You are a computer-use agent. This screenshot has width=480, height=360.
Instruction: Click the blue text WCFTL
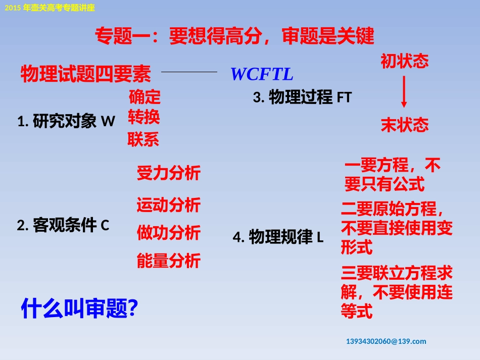pos(262,74)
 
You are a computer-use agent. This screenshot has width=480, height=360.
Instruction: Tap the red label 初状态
pos(404,61)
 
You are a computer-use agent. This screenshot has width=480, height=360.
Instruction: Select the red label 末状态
pos(404,125)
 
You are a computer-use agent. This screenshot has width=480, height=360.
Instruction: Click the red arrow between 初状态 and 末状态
pos(404,92)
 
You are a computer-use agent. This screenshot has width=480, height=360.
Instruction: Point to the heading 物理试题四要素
pos(86,74)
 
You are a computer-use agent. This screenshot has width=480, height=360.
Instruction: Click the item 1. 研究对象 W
pos(66,121)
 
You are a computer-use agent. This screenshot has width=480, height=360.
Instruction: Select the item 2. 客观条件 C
pos(63,225)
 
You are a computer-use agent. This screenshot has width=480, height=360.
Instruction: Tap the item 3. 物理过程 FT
pos(302,97)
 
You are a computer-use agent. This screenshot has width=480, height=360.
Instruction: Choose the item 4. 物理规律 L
pos(278,237)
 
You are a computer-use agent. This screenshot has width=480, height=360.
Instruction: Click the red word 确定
pos(145,96)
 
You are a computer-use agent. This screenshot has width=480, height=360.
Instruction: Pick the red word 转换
pos(144,117)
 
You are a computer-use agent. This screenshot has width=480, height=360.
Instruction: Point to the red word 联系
pos(143,139)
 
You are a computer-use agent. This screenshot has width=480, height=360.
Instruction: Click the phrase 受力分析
pos(168,173)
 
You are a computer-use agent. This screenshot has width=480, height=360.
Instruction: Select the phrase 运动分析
pos(168,205)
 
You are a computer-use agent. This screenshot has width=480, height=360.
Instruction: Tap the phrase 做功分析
pos(168,233)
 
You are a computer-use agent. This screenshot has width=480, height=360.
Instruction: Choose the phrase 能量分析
pos(168,261)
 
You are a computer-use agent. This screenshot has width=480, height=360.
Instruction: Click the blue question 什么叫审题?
pos(79,308)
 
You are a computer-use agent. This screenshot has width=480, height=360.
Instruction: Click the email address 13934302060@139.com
pos(386,341)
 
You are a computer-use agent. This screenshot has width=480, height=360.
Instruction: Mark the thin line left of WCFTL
pos(189,72)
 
